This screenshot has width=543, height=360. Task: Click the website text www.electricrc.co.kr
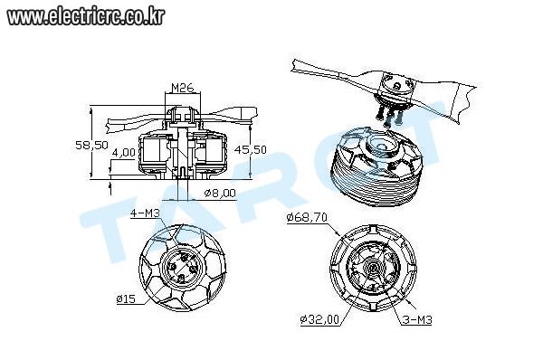tap(86, 16)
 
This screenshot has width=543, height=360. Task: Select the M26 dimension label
tap(183, 88)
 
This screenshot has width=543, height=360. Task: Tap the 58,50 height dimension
tap(91, 145)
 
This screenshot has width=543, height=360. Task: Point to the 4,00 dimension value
tap(124, 152)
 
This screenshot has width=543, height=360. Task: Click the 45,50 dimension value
tap(251, 149)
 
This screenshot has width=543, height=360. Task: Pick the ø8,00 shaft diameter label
tap(220, 193)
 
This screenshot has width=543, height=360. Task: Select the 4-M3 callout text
tap(145, 213)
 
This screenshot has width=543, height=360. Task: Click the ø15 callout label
tap(126, 298)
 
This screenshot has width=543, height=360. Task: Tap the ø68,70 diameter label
tap(307, 218)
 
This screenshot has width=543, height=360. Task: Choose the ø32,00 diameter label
tap(319, 319)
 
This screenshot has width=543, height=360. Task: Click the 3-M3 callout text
tap(417, 319)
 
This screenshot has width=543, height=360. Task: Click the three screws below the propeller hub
tap(391, 116)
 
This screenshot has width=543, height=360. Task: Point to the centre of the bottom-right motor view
tap(373, 268)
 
